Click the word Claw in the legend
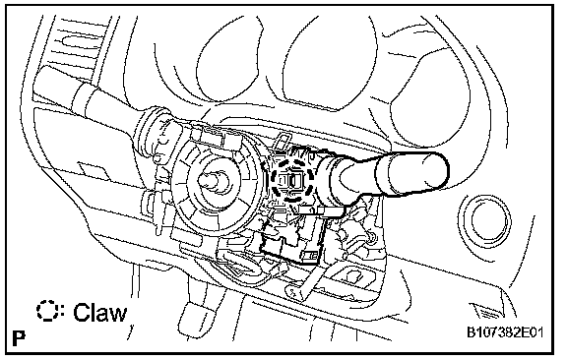click(x=100, y=312)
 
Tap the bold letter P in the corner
click(x=19, y=338)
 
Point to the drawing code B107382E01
click(x=505, y=331)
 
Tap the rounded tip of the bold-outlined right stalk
click(x=439, y=173)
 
